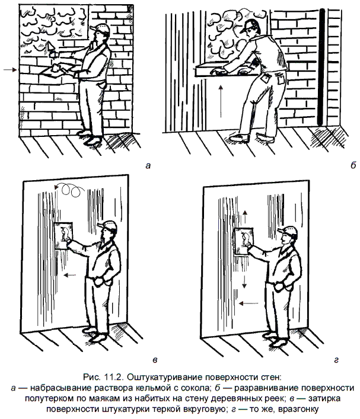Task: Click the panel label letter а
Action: pyautogui.click(x=148, y=166)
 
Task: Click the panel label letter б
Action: pyautogui.click(x=353, y=165)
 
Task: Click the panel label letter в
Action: pyautogui.click(x=155, y=360)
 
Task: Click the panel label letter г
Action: pyautogui.click(x=336, y=360)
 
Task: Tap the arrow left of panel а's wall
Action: pyautogui.click(x=10, y=70)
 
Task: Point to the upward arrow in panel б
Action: pyautogui.click(x=221, y=101)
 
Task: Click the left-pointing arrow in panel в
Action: pyautogui.click(x=70, y=274)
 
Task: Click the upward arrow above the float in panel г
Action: pyautogui.click(x=245, y=217)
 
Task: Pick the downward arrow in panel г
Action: pyautogui.click(x=244, y=282)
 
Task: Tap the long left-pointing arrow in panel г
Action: pyautogui.click(x=249, y=303)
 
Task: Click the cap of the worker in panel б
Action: pyautogui.click(x=250, y=25)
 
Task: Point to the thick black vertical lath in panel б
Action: pyautogui.click(x=321, y=67)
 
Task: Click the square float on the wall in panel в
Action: pyautogui.click(x=63, y=236)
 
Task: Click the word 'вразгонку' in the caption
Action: pyautogui.click(x=298, y=410)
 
